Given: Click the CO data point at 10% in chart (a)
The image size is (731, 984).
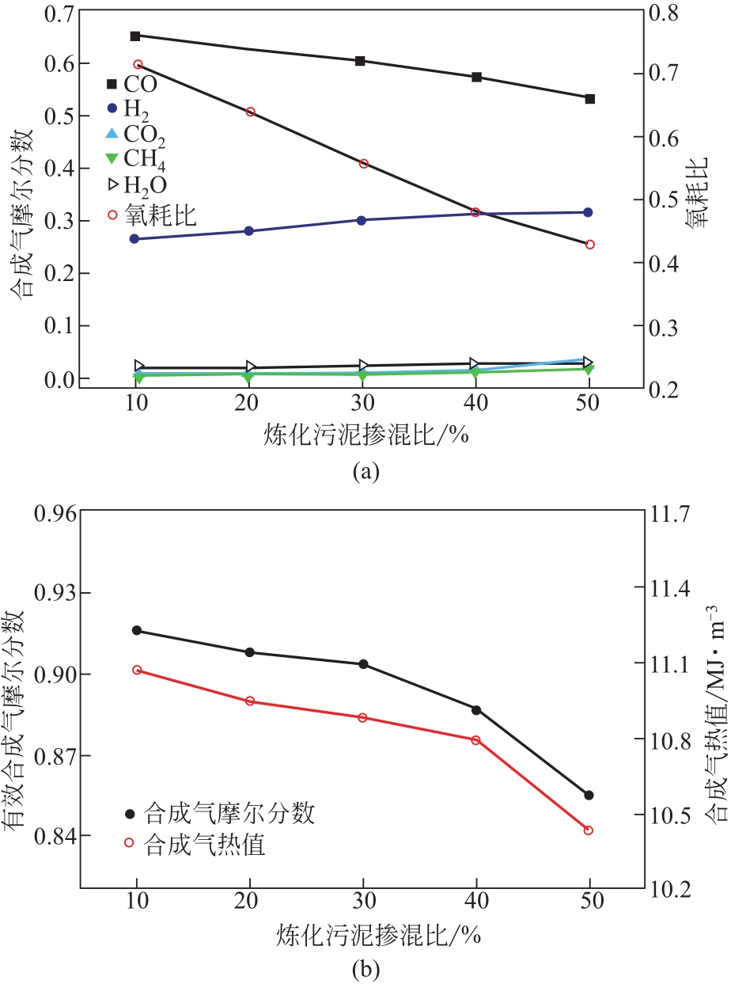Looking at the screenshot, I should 135,36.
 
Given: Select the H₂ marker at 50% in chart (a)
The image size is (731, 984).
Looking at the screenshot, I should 589,212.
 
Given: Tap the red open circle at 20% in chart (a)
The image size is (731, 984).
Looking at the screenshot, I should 250,112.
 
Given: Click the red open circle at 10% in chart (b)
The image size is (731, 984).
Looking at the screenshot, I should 137,670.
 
